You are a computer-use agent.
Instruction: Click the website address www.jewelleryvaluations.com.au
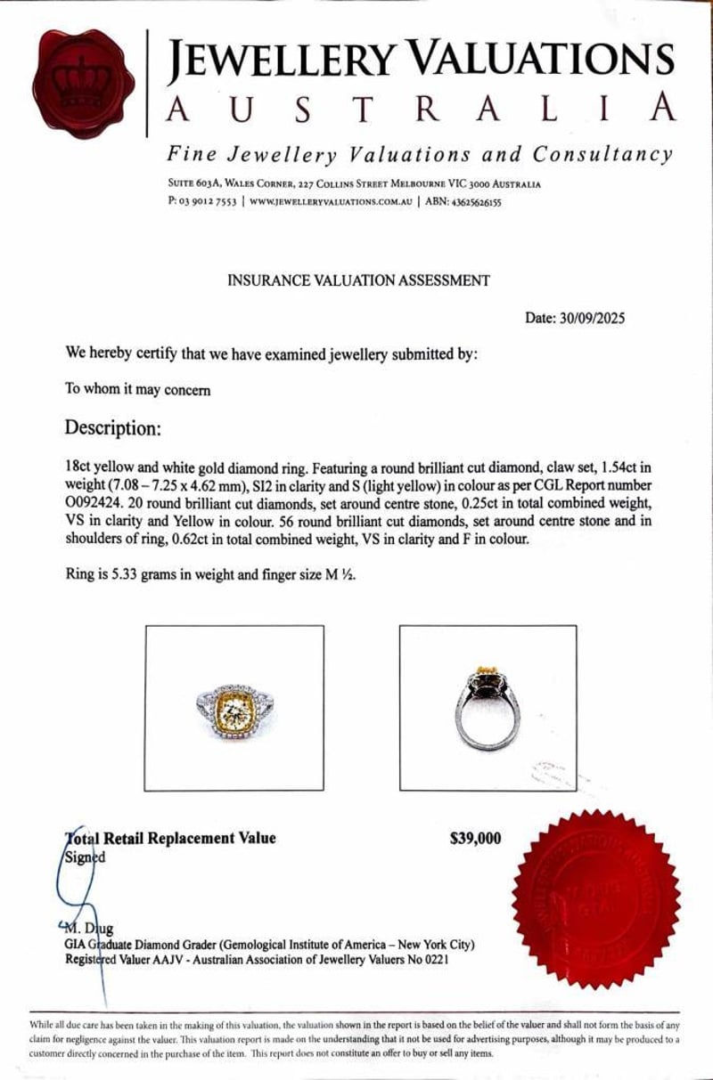(331, 202)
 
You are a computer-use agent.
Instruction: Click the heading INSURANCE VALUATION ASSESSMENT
(359, 280)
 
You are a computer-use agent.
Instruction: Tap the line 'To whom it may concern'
(138, 389)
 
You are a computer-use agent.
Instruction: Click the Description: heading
(112, 428)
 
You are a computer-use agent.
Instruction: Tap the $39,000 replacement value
(476, 838)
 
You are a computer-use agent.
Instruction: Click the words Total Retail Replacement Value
(171, 838)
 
